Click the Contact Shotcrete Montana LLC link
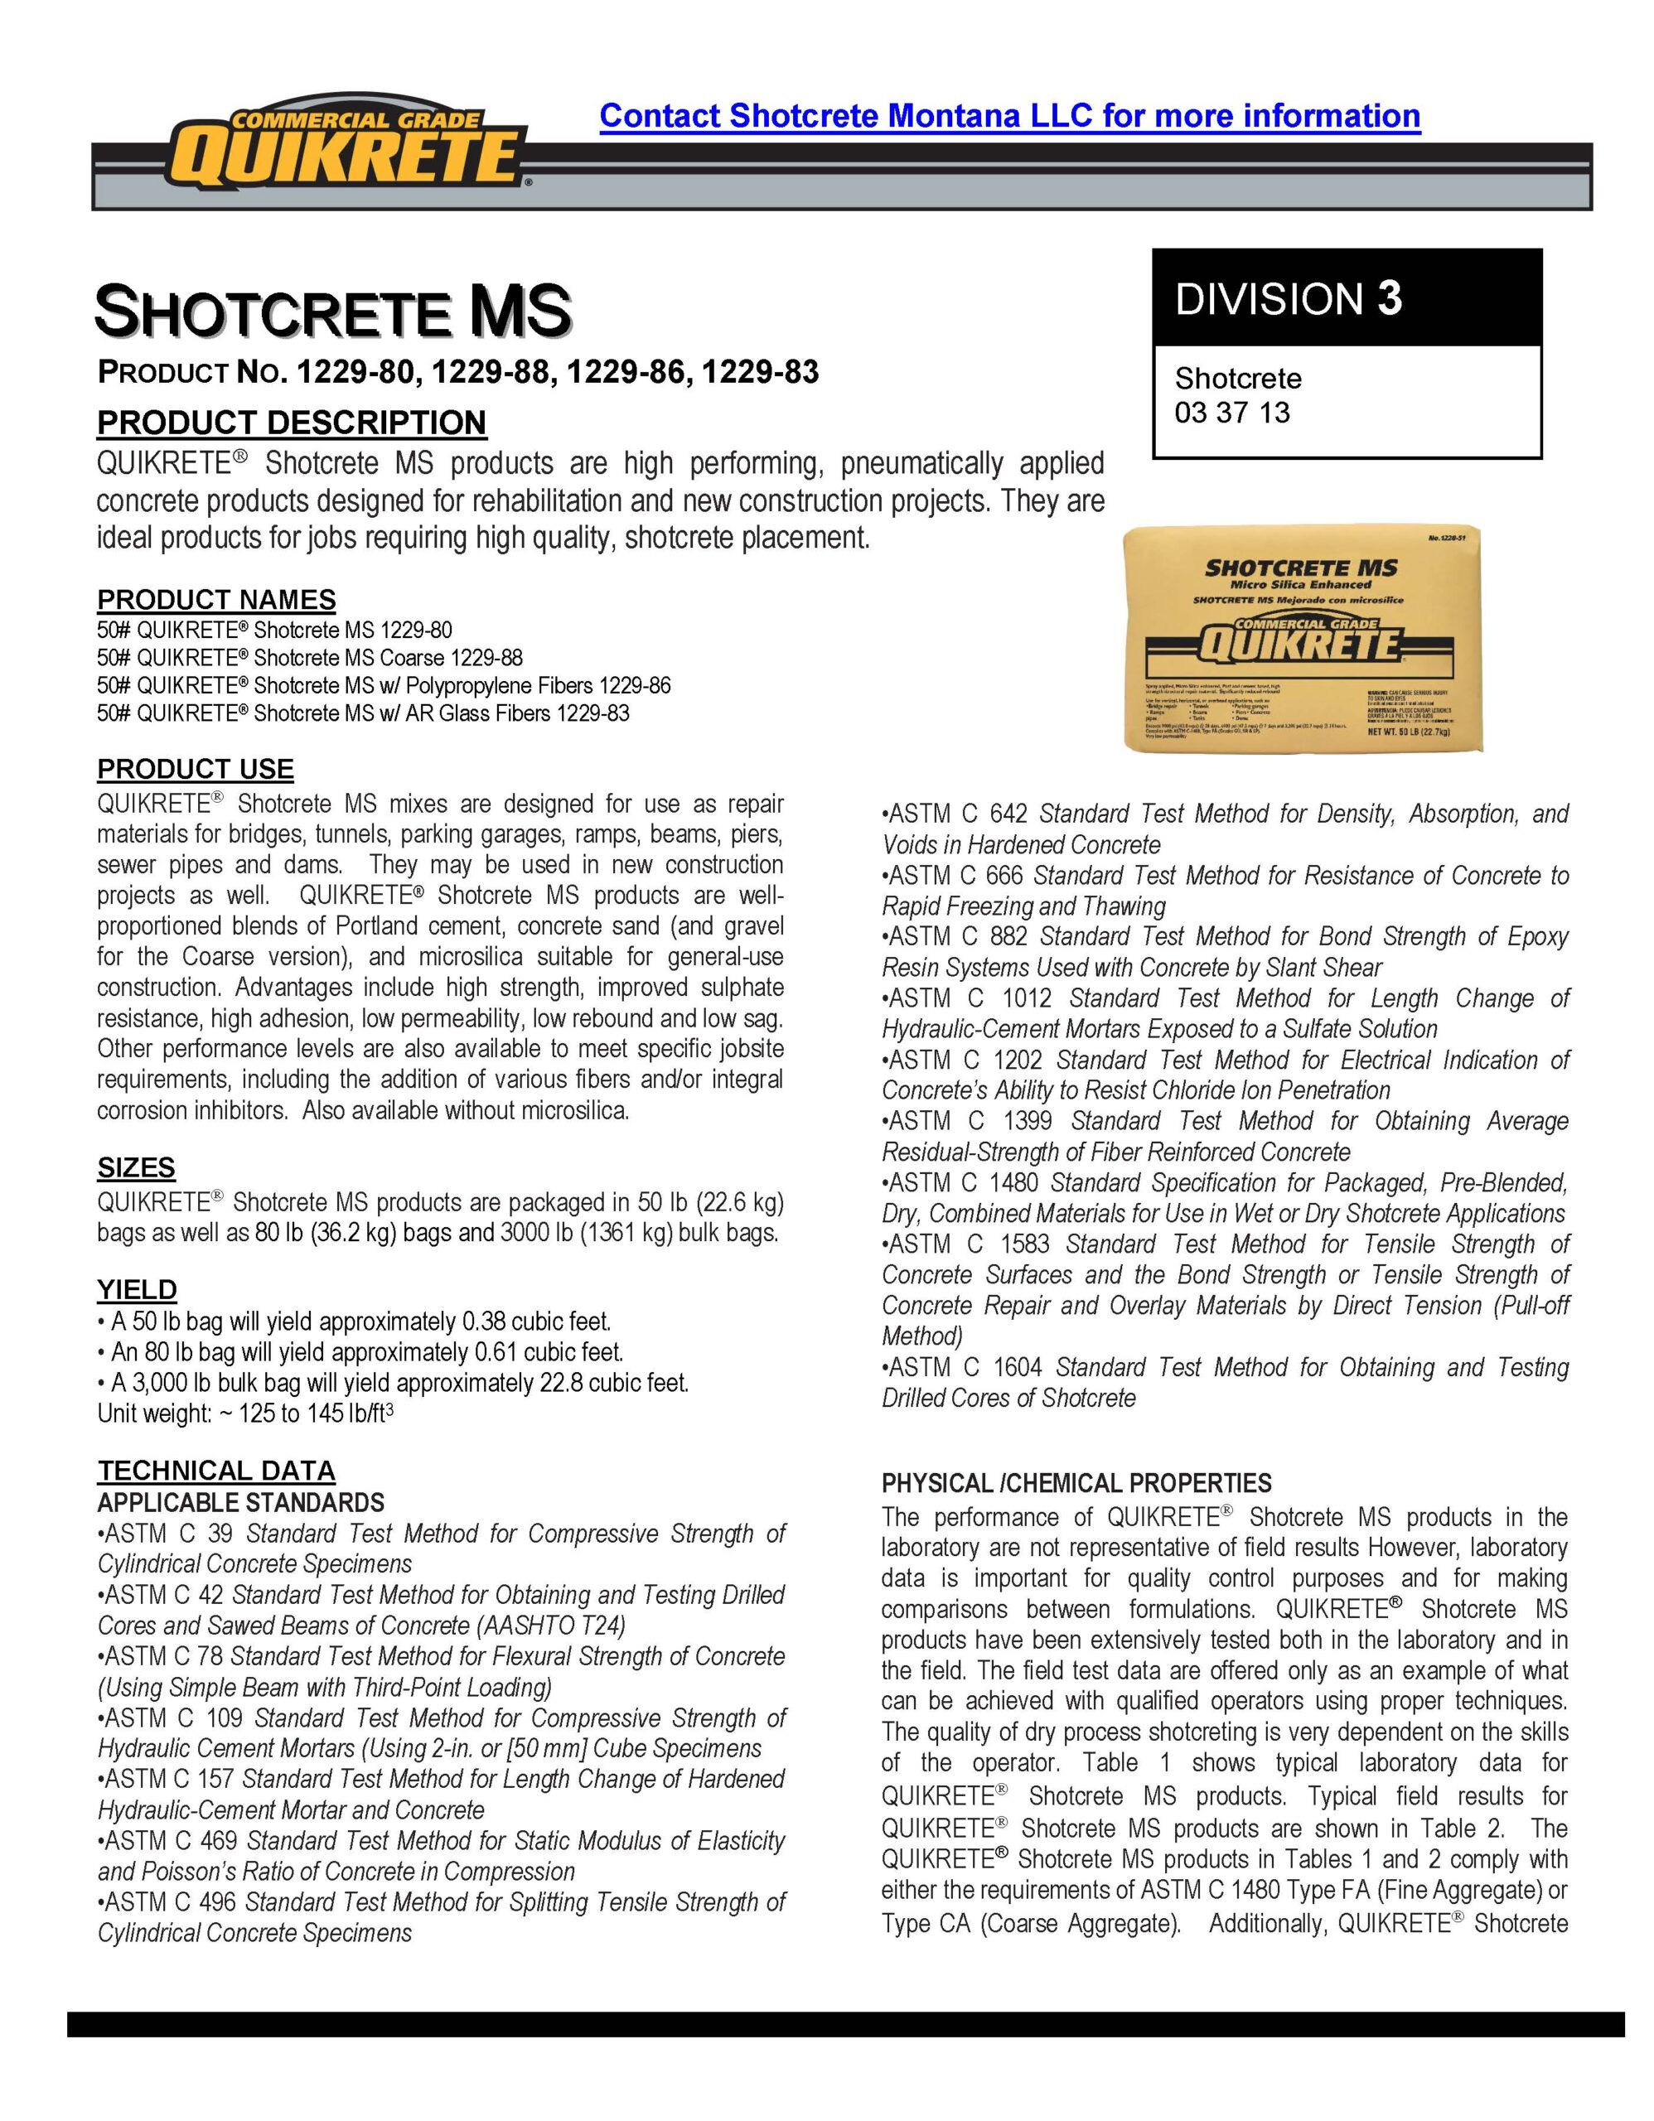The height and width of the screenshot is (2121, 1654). (1009, 115)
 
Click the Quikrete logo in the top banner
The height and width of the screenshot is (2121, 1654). (351, 152)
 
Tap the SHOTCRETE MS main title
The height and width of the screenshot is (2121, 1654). (332, 311)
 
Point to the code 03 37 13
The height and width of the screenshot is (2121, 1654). (1231, 413)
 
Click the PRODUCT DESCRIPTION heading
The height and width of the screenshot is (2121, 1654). (292, 423)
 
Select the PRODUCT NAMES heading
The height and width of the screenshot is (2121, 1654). (216, 599)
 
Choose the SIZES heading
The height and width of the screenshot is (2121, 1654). (136, 1167)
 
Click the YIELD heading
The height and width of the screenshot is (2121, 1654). (137, 1290)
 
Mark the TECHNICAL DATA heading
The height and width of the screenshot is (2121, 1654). (215, 1471)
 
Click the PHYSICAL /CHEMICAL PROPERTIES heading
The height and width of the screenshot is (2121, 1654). (1076, 1484)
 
